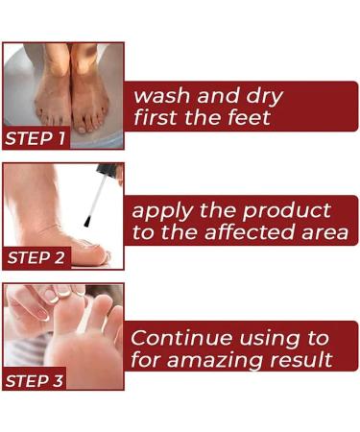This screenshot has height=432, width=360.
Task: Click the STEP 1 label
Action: [x=36, y=138]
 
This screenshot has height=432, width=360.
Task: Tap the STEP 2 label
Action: [x=36, y=258]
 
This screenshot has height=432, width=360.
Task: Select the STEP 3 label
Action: [x=36, y=381]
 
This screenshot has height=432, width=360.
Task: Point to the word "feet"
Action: [x=247, y=119]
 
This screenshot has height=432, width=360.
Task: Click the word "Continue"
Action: [x=181, y=338]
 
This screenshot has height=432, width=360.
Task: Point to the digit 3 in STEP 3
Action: [x=59, y=381]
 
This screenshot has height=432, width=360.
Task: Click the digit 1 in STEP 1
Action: [x=60, y=138]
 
